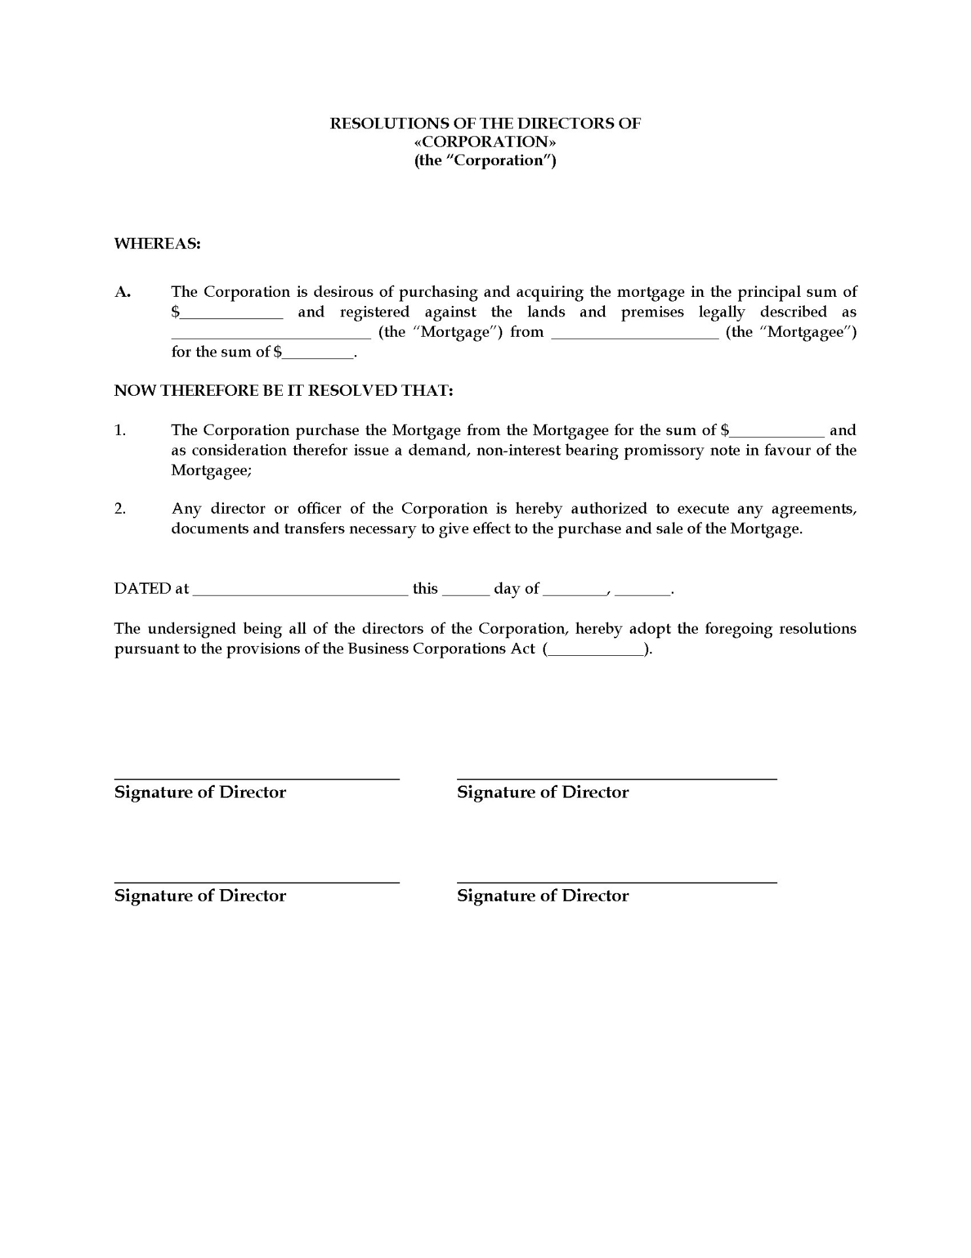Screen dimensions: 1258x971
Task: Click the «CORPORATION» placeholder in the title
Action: pos(485,142)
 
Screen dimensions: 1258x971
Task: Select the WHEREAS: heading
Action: pos(157,244)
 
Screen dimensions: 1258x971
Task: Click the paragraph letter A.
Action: pos(122,292)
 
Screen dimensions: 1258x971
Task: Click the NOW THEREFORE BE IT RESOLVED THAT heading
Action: pos(284,391)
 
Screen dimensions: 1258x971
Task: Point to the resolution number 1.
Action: pos(120,430)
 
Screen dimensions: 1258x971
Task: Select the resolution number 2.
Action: pos(120,509)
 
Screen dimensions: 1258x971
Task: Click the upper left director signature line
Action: pos(257,778)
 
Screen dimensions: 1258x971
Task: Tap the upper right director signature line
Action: pos(617,778)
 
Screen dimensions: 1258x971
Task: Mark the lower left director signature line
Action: pos(257,881)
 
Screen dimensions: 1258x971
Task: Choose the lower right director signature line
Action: pos(617,881)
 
